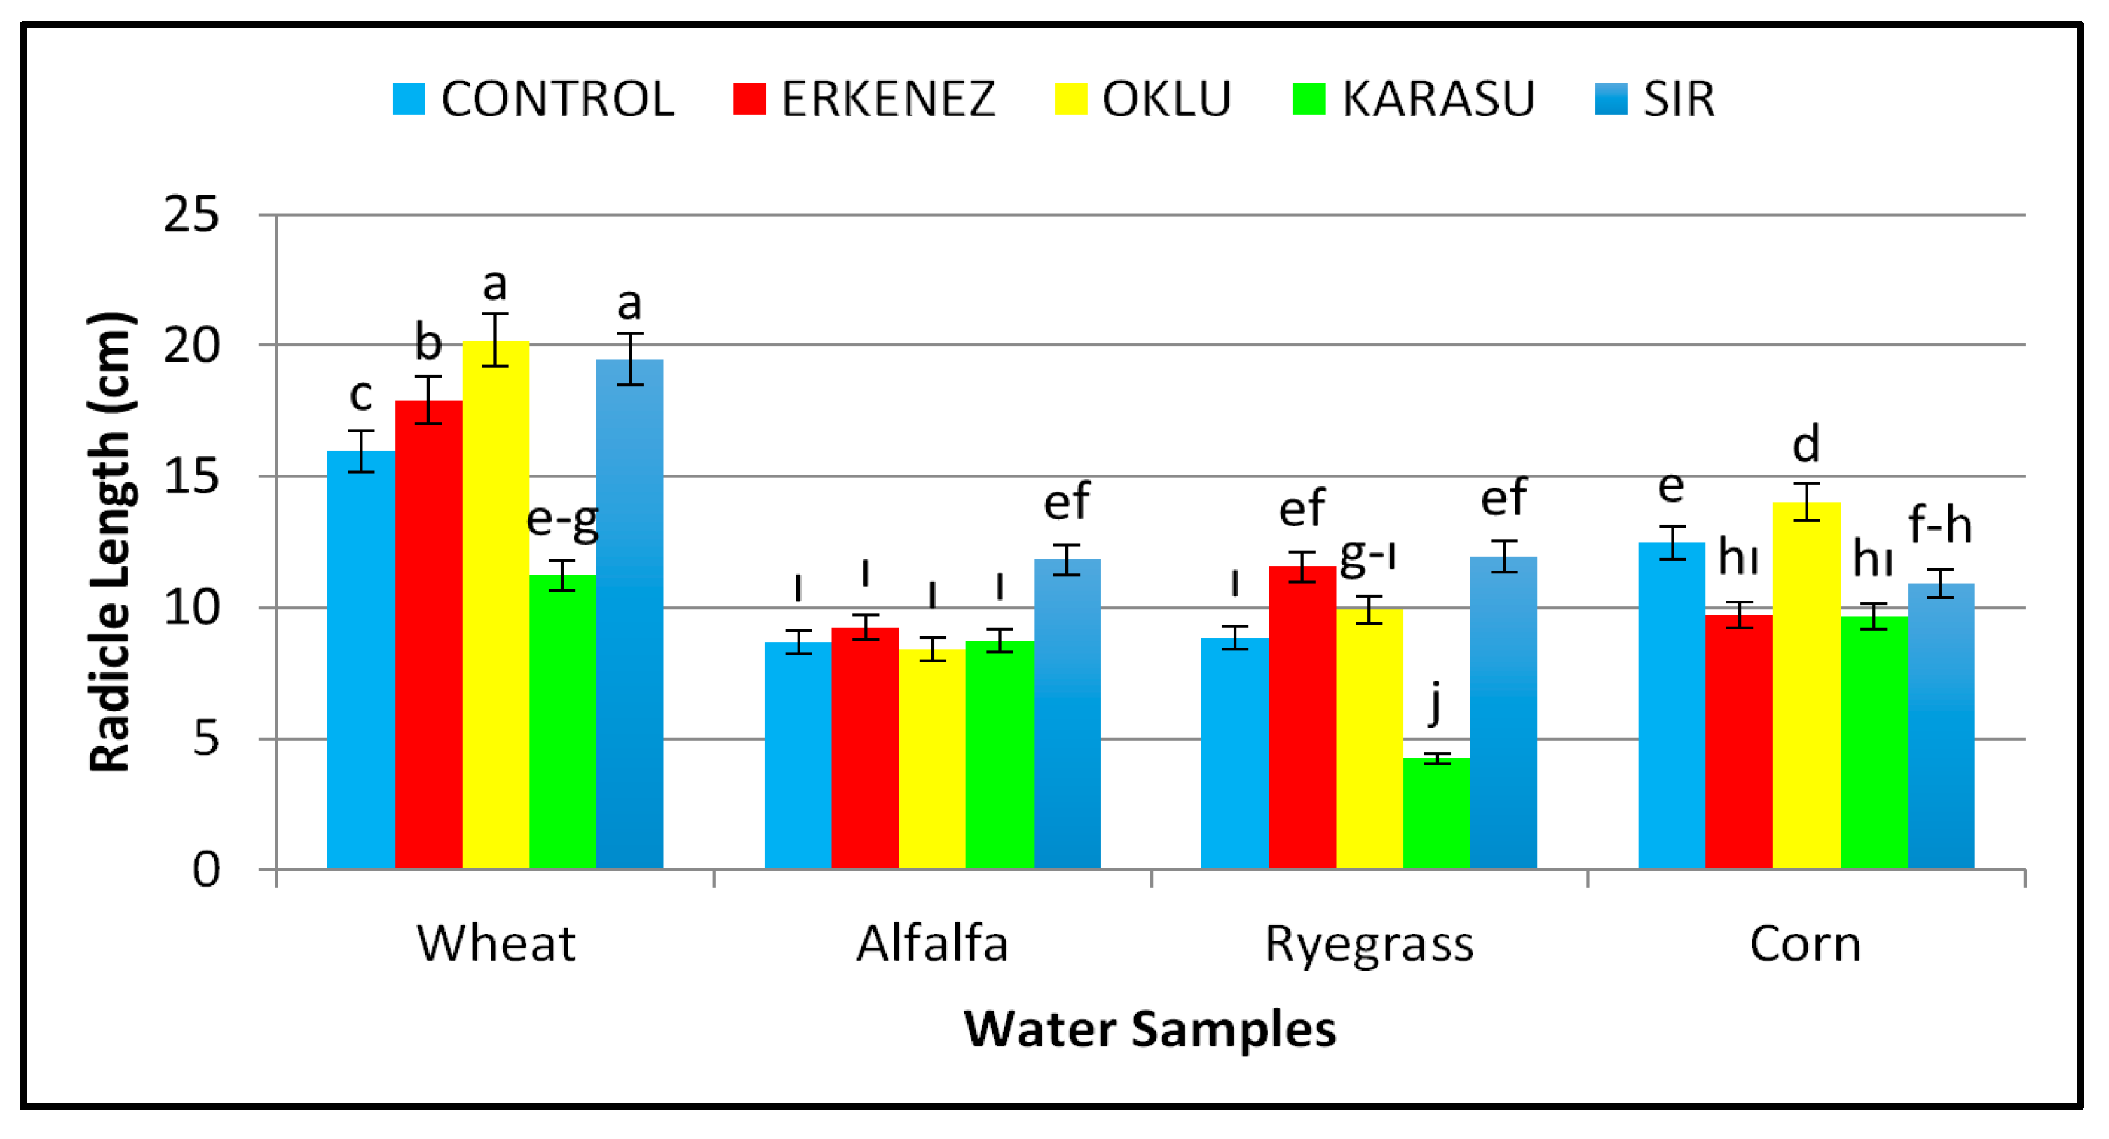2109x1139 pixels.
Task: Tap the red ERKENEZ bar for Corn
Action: pyautogui.click(x=1738, y=741)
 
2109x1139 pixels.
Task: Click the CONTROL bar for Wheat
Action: pyautogui.click(x=361, y=659)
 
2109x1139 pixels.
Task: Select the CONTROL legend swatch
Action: pyautogui.click(x=409, y=99)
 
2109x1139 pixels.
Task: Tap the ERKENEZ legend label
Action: pyautogui.click(x=887, y=99)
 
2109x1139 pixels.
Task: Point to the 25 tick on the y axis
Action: pyautogui.click(x=191, y=215)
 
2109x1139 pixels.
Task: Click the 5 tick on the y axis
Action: pyautogui.click(x=205, y=739)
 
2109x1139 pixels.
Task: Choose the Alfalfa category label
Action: pyautogui.click(x=931, y=943)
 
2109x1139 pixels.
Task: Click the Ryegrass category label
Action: pyautogui.click(x=1369, y=943)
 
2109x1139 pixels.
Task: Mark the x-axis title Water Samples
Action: pyautogui.click(x=1149, y=1028)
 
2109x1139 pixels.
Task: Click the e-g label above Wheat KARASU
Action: pyautogui.click(x=562, y=520)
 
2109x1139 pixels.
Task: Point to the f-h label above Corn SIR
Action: pyautogui.click(x=1939, y=524)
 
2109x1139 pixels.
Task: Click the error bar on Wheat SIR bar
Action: pyautogui.click(x=629, y=359)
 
